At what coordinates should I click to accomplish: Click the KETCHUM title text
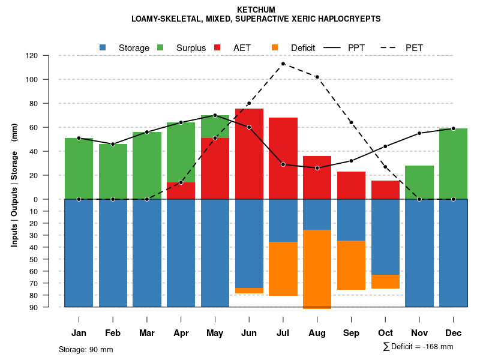coord(256,10)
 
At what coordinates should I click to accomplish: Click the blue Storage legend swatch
coord(103,47)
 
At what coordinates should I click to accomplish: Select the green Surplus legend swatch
coord(161,47)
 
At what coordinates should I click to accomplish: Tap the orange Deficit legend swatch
coord(275,47)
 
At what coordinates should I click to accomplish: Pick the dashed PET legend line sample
coord(387,47)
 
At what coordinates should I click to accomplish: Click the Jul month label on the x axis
coord(283,333)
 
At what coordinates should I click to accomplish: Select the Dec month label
coord(453,333)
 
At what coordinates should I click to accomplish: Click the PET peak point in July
coord(283,64)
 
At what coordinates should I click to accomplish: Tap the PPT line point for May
coord(215,115)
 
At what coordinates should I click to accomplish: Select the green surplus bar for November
coord(419,182)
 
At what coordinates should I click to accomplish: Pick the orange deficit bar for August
coord(317,269)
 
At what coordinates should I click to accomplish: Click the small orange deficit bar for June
coord(249,290)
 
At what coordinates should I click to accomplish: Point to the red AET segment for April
coord(181,191)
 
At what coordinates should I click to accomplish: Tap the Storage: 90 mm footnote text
coord(86,349)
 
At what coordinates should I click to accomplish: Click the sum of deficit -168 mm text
coord(418,347)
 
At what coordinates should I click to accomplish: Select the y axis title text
coord(14,185)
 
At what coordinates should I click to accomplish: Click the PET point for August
coord(317,77)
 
